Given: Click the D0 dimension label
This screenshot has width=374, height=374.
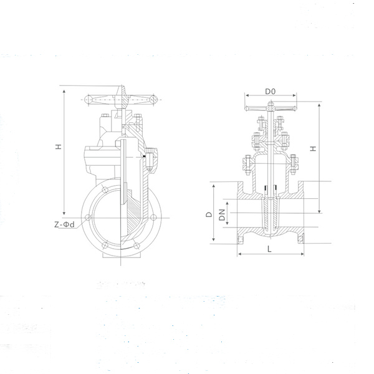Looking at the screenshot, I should (x=270, y=92).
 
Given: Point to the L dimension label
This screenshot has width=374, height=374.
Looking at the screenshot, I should (x=269, y=249).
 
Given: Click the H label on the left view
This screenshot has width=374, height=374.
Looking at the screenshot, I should (x=57, y=146).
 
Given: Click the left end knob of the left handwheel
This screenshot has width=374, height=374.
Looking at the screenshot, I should (x=88, y=99).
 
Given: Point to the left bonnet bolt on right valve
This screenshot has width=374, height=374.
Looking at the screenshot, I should (x=246, y=165).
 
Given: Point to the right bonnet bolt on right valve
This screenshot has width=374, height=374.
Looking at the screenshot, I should (x=293, y=165).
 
